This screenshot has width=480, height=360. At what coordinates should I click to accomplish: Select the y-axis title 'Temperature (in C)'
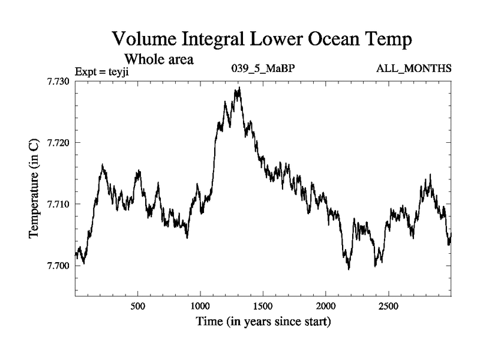34,188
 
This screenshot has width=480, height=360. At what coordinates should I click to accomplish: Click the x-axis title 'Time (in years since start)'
263,322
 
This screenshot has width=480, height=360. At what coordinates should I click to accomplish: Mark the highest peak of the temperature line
239,88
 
